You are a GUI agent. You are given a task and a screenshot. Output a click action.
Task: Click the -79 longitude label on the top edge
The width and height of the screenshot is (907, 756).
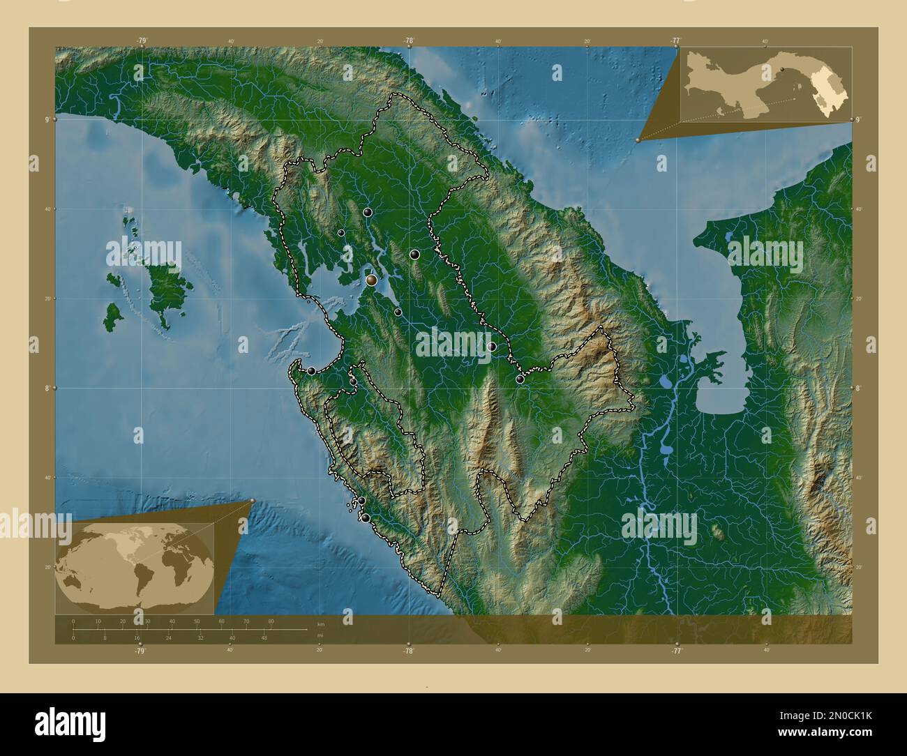[x=142, y=40]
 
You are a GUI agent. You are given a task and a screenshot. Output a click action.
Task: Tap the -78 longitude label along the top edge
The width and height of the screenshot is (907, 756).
[x=409, y=40]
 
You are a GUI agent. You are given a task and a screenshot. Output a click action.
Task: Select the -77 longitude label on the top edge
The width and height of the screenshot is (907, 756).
[x=676, y=40]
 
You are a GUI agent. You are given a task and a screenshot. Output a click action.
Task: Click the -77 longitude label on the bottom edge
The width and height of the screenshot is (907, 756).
[x=676, y=651]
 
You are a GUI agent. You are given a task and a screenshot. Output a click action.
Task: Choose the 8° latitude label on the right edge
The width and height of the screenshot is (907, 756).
[x=859, y=388]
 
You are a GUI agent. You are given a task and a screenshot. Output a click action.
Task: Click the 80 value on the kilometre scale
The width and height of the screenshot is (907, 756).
[x=271, y=621]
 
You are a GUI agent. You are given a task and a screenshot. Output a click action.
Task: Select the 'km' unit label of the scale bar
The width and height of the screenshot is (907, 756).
[x=320, y=623]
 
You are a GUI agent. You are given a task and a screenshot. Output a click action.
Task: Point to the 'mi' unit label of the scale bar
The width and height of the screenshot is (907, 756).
[x=320, y=635]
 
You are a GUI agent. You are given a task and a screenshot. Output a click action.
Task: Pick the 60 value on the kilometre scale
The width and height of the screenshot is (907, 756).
[x=221, y=621]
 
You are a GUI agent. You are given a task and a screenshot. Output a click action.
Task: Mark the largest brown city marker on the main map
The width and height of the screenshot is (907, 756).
[x=372, y=280]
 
